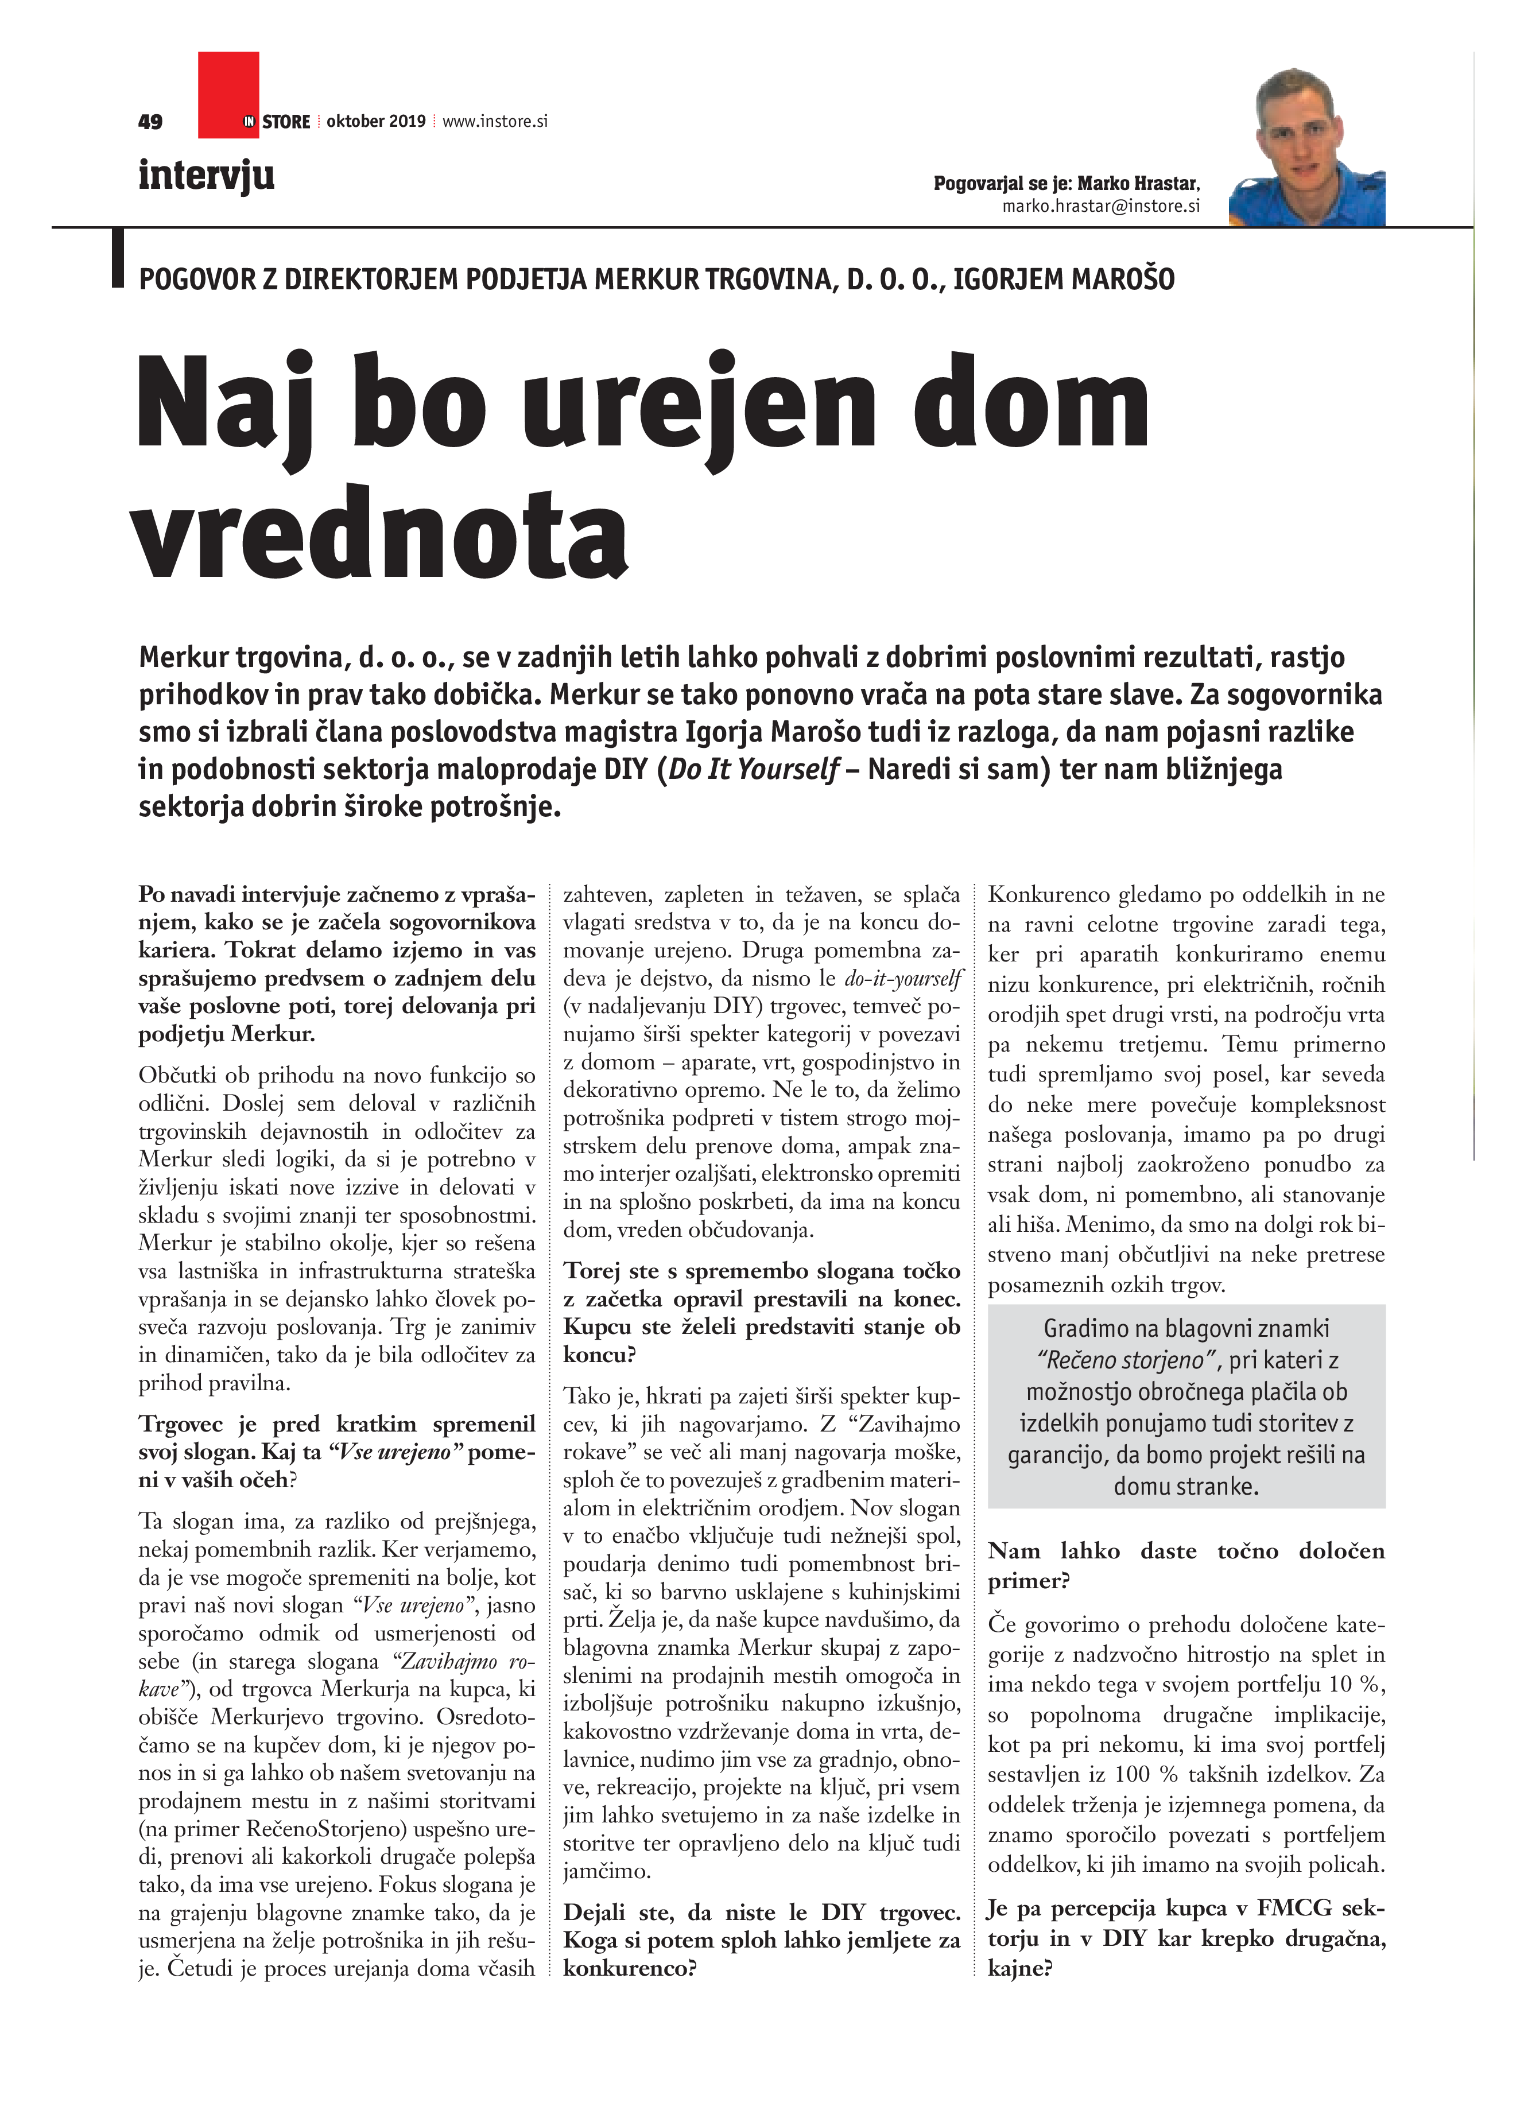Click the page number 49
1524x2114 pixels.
tap(150, 121)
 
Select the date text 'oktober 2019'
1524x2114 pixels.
tap(375, 121)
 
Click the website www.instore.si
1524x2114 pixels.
tap(494, 121)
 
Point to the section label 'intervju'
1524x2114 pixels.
tap(206, 175)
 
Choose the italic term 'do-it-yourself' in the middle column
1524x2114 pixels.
tap(902, 979)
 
